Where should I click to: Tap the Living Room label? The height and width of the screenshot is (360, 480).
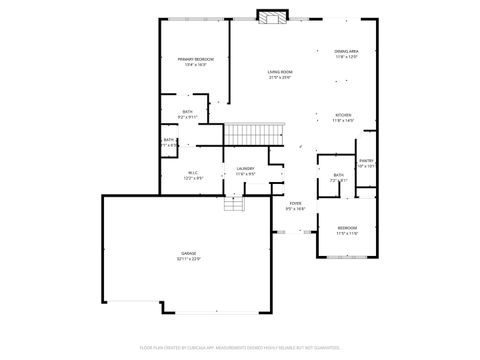(279, 71)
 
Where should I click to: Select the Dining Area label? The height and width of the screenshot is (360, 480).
(346, 51)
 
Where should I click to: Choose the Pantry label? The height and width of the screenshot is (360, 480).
(366, 160)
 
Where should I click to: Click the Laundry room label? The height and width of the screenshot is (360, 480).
(245, 168)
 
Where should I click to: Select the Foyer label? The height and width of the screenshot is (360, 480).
(295, 203)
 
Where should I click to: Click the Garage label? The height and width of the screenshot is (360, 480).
(188, 253)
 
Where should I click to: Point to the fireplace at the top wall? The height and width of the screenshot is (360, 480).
(271, 17)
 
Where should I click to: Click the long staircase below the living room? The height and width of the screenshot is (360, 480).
(254, 133)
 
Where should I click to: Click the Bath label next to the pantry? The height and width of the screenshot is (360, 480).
(339, 176)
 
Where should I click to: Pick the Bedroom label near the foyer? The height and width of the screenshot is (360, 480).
(347, 228)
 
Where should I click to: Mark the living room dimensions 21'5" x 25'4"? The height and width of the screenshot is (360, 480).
(279, 77)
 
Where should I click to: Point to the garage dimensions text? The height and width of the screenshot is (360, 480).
(188, 259)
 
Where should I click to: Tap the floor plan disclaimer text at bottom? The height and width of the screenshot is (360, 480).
(240, 347)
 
